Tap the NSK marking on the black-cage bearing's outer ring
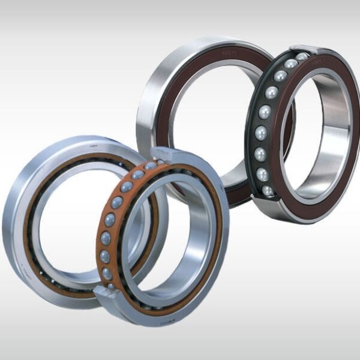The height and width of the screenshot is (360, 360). click(316, 61)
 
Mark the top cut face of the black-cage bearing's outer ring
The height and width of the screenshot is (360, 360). click(304, 50)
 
